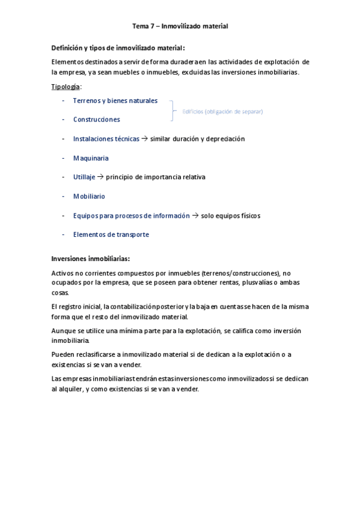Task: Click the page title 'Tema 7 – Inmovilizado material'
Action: point(180,26)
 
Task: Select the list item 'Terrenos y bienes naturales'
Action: point(115,100)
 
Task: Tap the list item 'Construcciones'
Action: point(96,119)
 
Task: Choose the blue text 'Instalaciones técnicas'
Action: point(106,138)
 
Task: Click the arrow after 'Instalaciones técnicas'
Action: point(144,138)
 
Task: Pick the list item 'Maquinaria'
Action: point(91,158)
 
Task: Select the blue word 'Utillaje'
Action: point(84,177)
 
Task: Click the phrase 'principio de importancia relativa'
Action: point(156,177)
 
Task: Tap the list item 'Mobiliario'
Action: point(89,196)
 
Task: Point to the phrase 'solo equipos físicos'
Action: point(231,215)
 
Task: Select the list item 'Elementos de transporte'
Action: point(111,235)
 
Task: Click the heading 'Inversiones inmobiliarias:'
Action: point(91,259)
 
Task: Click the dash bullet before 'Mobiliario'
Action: point(64,196)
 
